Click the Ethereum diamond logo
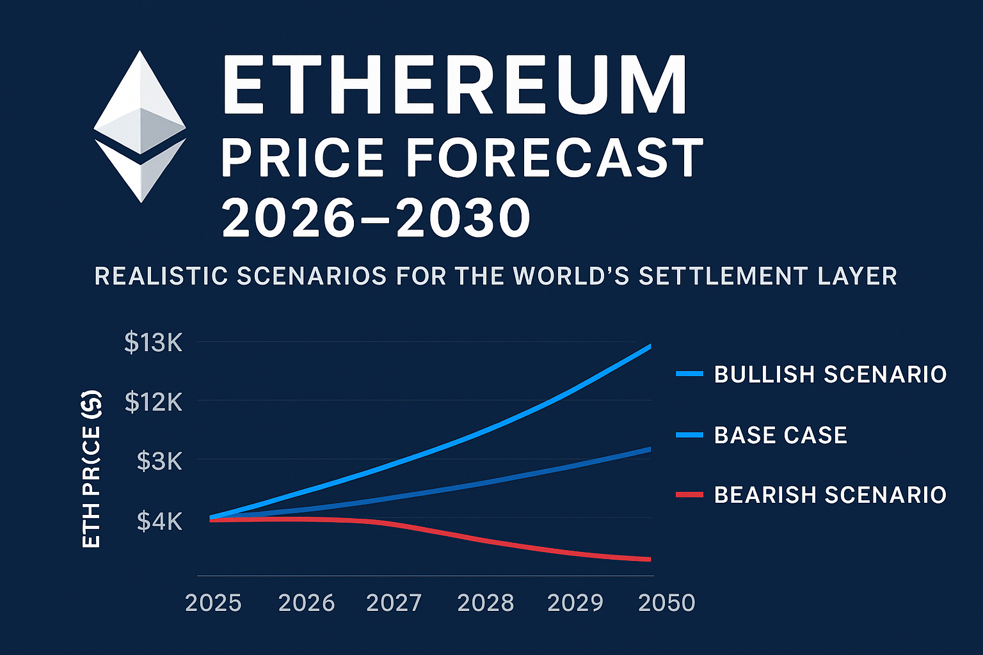coord(140,127)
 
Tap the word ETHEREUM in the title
coord(454,86)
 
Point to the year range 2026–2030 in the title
coord(376,218)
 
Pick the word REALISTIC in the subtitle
coord(161,276)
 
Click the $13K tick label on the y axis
coord(154,343)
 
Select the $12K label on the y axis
coord(154,402)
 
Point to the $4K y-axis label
coord(159,521)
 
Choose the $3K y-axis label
coord(159,461)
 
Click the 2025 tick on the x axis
coord(213,603)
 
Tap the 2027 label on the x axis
coord(394,603)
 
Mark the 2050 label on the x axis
coord(666,603)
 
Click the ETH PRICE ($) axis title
coord(92,469)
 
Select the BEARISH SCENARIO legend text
coord(830,495)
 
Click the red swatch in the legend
coord(689,495)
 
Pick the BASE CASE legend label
coord(780,436)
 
